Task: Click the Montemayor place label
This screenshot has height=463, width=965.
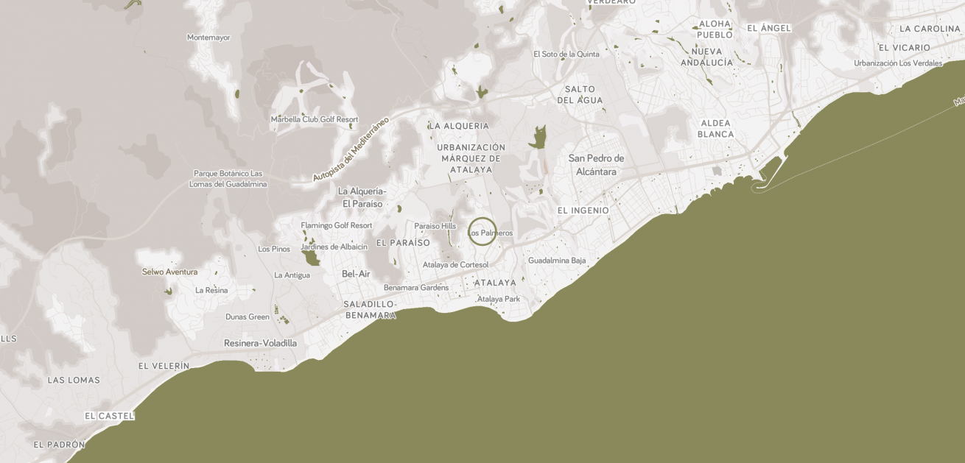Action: coord(208,38)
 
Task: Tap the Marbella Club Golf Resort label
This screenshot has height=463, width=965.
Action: coord(315,119)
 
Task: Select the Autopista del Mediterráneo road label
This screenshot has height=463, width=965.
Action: coord(351,149)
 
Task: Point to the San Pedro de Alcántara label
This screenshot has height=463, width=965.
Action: coord(596,165)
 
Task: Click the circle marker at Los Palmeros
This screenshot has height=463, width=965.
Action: coord(482,231)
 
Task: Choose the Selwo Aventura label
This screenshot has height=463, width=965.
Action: coord(169,272)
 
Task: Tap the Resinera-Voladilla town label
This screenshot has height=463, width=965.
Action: coord(260,343)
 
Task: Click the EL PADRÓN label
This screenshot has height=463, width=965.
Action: coord(59,445)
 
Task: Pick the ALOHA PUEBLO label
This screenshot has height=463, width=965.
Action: coord(715,29)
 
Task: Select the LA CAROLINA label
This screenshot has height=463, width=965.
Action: coord(930,29)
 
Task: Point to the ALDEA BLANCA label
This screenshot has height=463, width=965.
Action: coord(716,129)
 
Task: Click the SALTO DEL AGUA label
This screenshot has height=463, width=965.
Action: coord(580,95)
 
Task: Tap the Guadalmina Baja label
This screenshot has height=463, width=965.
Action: coord(557,261)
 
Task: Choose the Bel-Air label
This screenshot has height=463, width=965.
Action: coord(356,274)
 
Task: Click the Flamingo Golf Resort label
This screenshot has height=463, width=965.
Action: coord(336,225)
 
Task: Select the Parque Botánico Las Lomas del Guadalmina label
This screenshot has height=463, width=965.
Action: coord(228,179)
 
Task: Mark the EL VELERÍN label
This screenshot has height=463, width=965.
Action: coord(164,366)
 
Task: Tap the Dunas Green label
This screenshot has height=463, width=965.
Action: coord(248,317)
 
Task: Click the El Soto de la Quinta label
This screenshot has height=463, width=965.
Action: coord(566,54)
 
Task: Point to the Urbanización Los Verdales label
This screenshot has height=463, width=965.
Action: coord(898,63)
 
